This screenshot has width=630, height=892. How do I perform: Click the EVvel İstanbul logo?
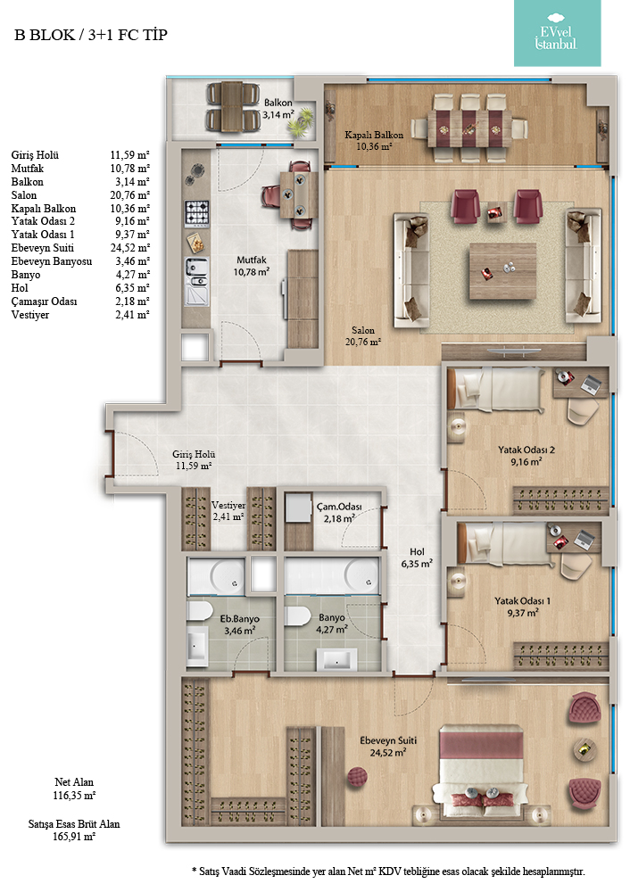(557, 34)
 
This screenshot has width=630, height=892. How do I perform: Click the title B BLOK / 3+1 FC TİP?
(91, 35)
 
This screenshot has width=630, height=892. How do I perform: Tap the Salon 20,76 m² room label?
(363, 335)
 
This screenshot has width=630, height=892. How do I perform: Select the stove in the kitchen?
(196, 213)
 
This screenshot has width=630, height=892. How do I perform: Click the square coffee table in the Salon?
(502, 271)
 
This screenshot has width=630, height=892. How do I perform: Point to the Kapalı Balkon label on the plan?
(374, 135)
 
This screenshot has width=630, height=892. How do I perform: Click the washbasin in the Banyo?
(340, 660)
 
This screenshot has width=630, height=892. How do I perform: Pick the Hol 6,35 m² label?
(417, 557)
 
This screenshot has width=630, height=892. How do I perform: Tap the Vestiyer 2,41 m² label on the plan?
(228, 510)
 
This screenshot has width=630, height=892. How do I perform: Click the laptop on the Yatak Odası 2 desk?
(591, 384)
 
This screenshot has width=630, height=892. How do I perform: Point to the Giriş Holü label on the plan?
(194, 454)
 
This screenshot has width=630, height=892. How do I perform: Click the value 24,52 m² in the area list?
(129, 247)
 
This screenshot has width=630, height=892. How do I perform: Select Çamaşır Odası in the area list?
(44, 301)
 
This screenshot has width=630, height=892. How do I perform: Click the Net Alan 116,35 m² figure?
(74, 789)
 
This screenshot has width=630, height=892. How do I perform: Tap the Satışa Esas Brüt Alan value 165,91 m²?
(74, 837)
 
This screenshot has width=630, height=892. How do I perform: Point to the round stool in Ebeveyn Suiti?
(357, 777)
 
